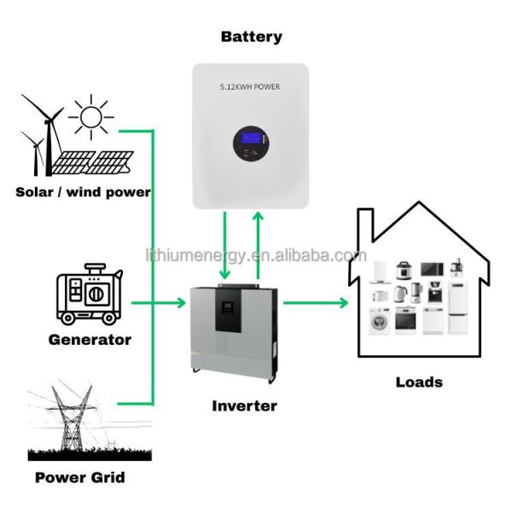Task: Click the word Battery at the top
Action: tap(251, 37)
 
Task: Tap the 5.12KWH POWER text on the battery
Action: tap(250, 87)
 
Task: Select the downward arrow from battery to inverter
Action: tap(224, 247)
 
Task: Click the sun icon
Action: tap(91, 116)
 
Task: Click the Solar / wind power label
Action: tap(83, 192)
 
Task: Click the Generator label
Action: tap(90, 340)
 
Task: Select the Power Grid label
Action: tap(79, 477)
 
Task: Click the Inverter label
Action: tap(244, 406)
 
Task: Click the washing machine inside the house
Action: tap(379, 321)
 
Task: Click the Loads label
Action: tap(419, 381)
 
